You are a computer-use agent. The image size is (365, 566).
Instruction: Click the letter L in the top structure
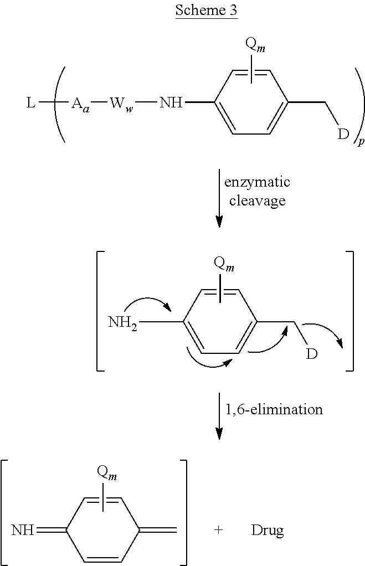point(31,103)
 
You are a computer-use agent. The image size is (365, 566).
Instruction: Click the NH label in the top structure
point(171,103)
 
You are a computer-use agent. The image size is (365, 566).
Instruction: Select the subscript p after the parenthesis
point(361,142)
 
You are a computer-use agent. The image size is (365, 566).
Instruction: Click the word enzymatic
point(257,182)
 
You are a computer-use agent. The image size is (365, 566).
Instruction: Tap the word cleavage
point(258,200)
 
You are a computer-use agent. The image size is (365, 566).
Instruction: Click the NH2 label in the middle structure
point(123,322)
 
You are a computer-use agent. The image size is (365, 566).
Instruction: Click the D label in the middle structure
point(312,354)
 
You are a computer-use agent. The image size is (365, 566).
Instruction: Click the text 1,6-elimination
point(274,409)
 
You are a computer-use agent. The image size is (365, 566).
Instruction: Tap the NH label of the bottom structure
point(23,530)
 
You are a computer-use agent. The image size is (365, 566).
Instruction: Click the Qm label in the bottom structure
point(107,473)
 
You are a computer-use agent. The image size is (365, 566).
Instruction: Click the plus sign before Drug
point(218,530)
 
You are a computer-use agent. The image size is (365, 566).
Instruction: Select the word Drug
point(268,530)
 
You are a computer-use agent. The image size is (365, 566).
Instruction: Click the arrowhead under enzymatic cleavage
point(219,221)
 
